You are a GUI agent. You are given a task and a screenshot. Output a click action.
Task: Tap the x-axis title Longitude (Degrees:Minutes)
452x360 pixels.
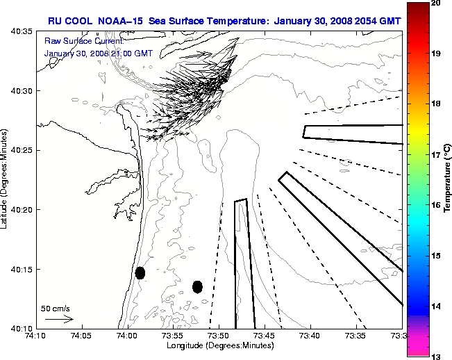click(218, 345)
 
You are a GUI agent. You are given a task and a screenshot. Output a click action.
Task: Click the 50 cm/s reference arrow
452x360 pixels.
click(58, 319)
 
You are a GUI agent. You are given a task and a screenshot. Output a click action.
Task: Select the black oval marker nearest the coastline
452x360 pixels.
click(140, 272)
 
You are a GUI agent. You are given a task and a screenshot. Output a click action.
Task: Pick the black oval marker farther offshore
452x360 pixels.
click(197, 286)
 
